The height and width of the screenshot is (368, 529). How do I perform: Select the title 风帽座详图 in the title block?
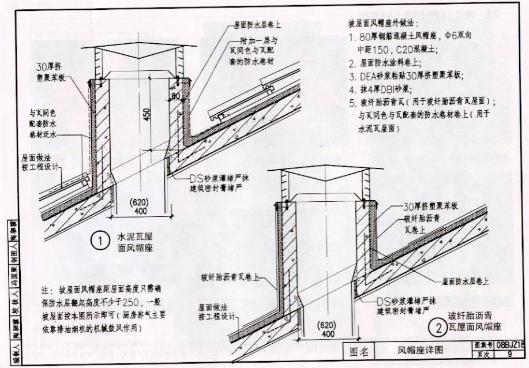pyautogui.click(x=419, y=350)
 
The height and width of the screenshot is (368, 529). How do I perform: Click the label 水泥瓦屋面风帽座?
pyautogui.click(x=139, y=242)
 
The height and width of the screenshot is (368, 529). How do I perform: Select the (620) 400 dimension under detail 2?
pyautogui.click(x=327, y=329)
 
